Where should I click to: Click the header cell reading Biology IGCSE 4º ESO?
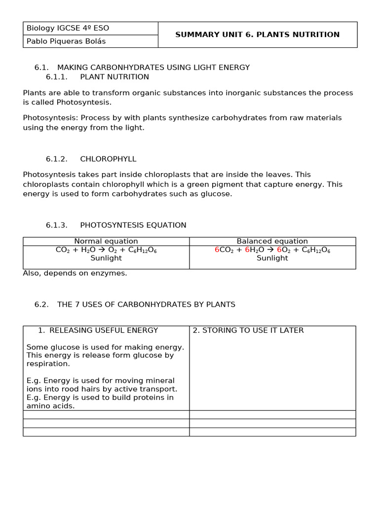(x=68, y=28)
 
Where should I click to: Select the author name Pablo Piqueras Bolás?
(x=66, y=41)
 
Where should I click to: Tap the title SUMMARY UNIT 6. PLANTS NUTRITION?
(x=258, y=35)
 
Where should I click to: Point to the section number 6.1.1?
(x=56, y=77)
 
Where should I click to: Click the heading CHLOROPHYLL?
(x=108, y=159)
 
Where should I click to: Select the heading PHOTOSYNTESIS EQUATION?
(x=133, y=225)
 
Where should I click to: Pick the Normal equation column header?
(x=106, y=241)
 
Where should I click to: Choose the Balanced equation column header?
(x=272, y=241)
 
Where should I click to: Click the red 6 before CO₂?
(x=217, y=250)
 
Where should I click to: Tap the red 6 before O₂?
(x=279, y=250)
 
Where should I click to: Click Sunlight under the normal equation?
(x=106, y=258)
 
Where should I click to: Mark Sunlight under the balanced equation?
(x=272, y=258)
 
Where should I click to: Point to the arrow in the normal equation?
(x=102, y=250)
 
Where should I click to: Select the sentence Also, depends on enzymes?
(x=75, y=273)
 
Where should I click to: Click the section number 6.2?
(x=41, y=305)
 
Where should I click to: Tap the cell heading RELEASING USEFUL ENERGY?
(x=104, y=330)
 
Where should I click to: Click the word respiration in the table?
(x=48, y=364)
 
